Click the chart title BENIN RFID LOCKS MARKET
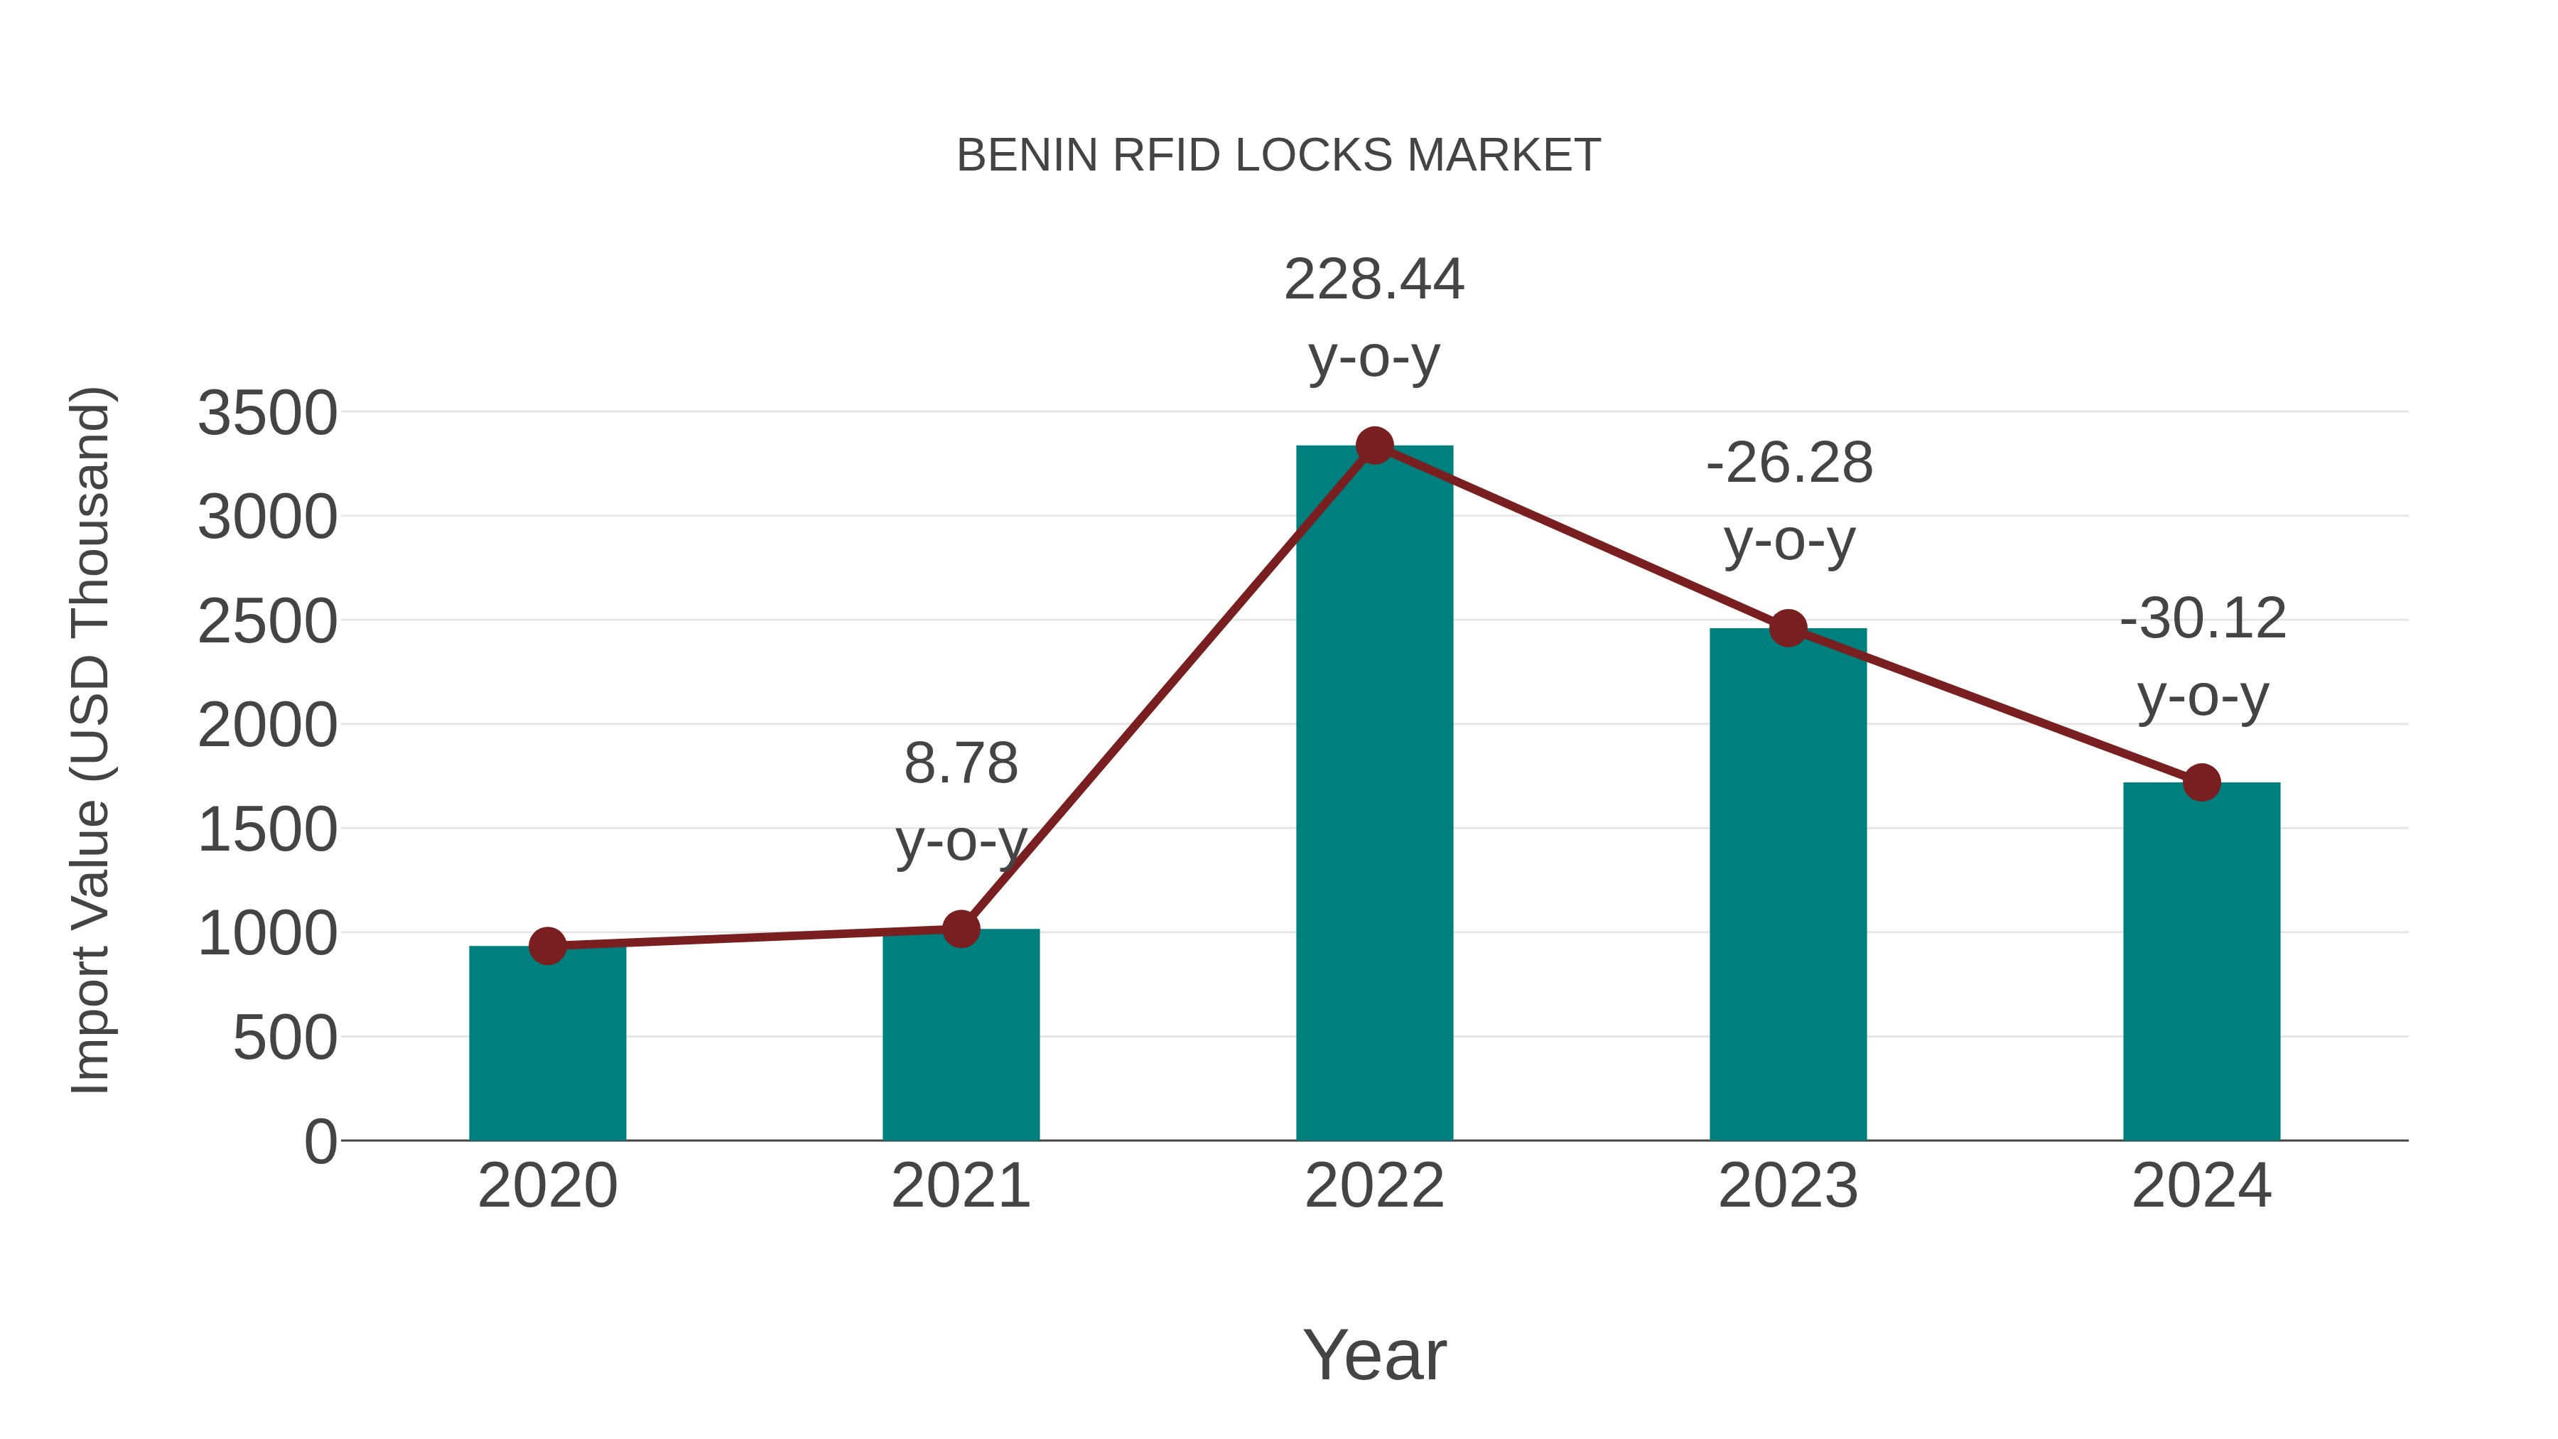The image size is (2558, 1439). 1278,156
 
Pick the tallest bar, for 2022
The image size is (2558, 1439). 1374,794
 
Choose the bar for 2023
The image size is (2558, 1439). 1788,884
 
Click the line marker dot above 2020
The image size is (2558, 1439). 547,947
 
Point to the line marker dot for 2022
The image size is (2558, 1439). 1374,446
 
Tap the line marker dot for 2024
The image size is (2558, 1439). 2201,782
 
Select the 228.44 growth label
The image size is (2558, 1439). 1374,280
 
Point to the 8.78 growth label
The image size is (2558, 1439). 960,765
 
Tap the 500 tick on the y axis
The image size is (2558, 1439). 285,1039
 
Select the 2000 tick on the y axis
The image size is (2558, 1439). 267,726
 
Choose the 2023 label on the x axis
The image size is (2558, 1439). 1788,1186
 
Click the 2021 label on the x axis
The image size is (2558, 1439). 960,1186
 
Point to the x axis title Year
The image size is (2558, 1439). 1374,1354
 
